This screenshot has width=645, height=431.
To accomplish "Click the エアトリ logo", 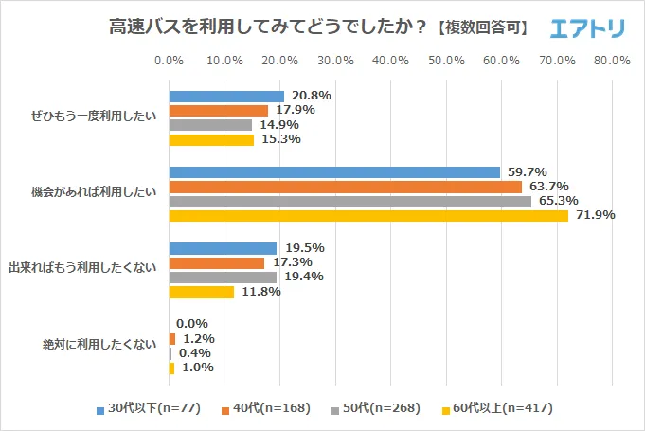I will click(587, 28).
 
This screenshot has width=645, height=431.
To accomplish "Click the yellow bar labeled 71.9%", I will click(368, 215).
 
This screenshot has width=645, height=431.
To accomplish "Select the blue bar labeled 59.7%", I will click(334, 172).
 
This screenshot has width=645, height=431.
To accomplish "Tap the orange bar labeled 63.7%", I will click(346, 187).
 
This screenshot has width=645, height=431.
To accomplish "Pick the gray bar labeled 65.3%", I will click(349, 201).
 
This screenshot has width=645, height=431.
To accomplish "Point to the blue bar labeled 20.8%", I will click(226, 97).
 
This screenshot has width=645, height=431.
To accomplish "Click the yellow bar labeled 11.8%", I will click(201, 292).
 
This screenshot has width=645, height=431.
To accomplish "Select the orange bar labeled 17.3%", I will click(216, 262).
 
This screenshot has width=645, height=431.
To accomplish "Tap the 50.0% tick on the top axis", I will click(446, 61).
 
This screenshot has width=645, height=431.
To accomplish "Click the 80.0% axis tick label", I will click(612, 61).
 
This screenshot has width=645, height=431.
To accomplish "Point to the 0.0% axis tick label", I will click(169, 61).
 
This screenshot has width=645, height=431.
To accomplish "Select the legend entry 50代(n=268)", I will click(380, 409).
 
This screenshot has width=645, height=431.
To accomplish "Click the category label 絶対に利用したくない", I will click(100, 345).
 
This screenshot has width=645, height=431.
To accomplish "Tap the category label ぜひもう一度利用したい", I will click(95, 118).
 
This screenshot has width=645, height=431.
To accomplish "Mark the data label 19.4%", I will click(305, 277).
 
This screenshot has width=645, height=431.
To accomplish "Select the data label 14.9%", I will click(279, 125).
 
